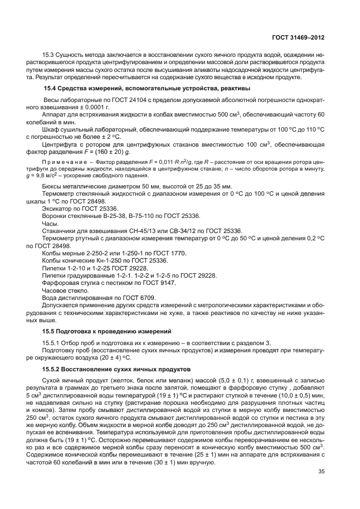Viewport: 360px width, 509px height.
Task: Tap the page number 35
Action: [x=321, y=473]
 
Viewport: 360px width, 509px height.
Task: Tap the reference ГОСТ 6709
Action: [x=140, y=298]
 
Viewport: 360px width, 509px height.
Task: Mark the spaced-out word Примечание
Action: [x=65, y=162]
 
